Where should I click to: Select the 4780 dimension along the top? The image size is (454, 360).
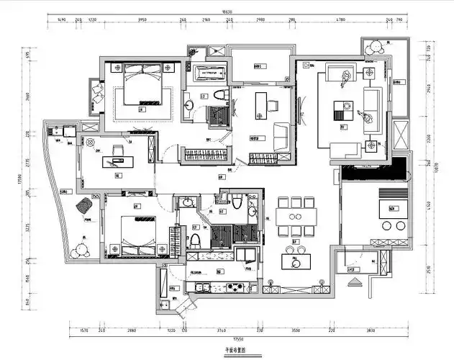pyautogui.click(x=341, y=21)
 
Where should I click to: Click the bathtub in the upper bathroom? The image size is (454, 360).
pyautogui.click(x=211, y=71)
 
